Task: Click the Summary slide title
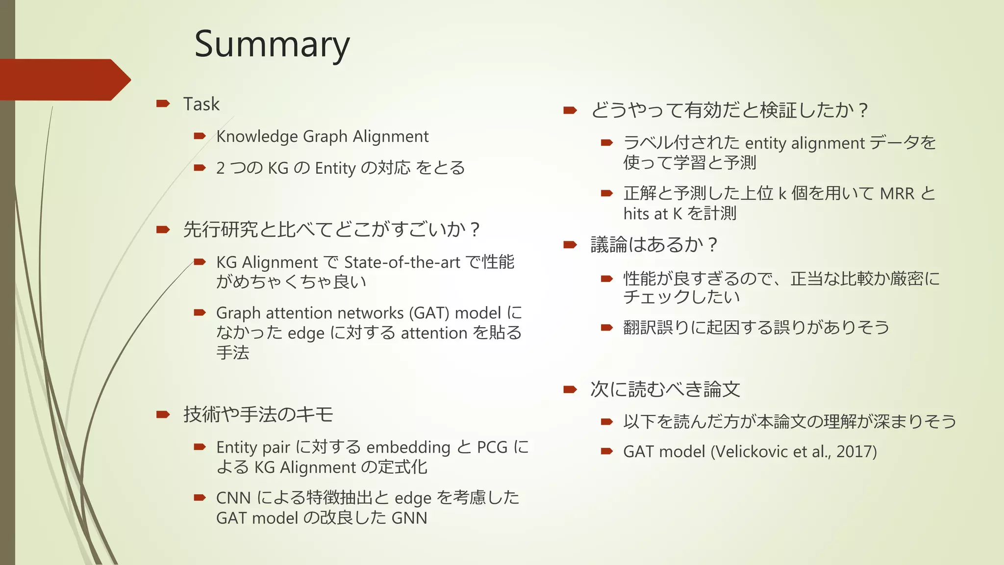point(272,44)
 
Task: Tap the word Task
point(201,104)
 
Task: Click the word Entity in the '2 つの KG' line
point(335,168)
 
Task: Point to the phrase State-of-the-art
point(402,262)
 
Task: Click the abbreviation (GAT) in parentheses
point(429,313)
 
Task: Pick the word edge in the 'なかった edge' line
point(306,334)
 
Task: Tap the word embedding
point(408,447)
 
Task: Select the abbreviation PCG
point(492,447)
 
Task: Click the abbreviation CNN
point(233,498)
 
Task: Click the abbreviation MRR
point(897,194)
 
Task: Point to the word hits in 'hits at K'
point(636,214)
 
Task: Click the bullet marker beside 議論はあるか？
point(570,244)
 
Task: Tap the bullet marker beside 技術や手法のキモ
point(163,414)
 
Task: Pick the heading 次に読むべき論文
point(665,389)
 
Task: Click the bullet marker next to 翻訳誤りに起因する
point(607,328)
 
